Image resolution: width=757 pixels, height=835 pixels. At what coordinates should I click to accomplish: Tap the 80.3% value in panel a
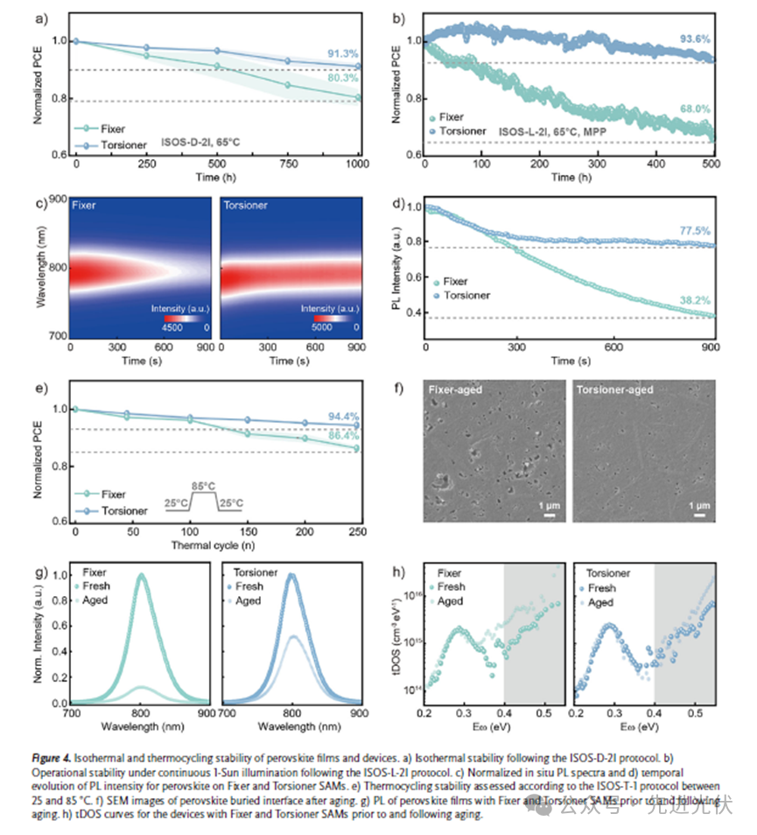point(343,77)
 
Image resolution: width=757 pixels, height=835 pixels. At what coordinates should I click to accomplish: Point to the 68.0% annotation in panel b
point(696,109)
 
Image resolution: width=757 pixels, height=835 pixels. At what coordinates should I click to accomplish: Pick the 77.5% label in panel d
point(696,231)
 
